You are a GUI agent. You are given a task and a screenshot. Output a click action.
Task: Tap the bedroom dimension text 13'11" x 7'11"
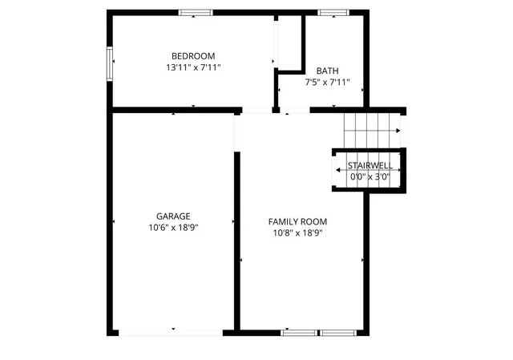192,68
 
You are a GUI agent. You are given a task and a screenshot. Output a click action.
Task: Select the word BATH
327,71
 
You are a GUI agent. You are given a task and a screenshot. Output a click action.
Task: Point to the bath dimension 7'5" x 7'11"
327,83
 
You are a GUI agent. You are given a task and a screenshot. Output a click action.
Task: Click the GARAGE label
173,216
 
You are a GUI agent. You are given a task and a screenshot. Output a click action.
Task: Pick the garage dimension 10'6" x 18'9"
173,228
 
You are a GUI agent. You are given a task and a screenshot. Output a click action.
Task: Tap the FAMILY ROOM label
297,221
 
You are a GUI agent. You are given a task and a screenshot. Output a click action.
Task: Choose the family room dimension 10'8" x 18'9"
297,234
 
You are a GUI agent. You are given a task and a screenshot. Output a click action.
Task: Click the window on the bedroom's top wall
196,12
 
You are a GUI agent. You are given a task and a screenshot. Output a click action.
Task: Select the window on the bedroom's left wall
111,63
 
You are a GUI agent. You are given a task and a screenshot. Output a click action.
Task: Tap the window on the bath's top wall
330,12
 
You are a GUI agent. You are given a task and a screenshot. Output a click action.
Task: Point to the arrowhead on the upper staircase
397,131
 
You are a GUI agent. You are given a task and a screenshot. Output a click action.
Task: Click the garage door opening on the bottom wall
173,331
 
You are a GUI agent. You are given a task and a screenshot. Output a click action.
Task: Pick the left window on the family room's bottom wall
298,331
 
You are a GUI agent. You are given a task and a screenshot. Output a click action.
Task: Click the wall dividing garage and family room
237,241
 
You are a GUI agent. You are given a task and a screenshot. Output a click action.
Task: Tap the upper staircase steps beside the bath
370,128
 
